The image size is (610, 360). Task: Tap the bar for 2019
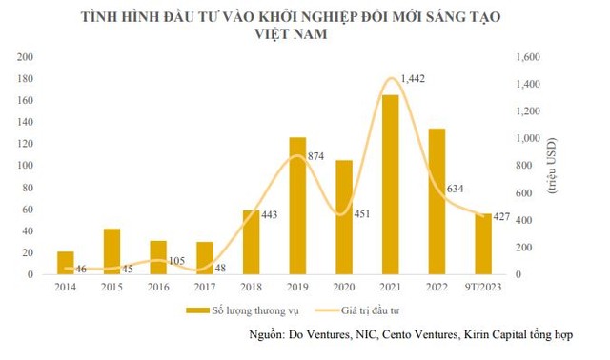point(297,206)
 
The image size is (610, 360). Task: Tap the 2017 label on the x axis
point(205,285)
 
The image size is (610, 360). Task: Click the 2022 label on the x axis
point(437,285)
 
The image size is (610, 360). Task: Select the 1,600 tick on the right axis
point(526,57)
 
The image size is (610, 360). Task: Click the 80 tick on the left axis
point(29,188)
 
